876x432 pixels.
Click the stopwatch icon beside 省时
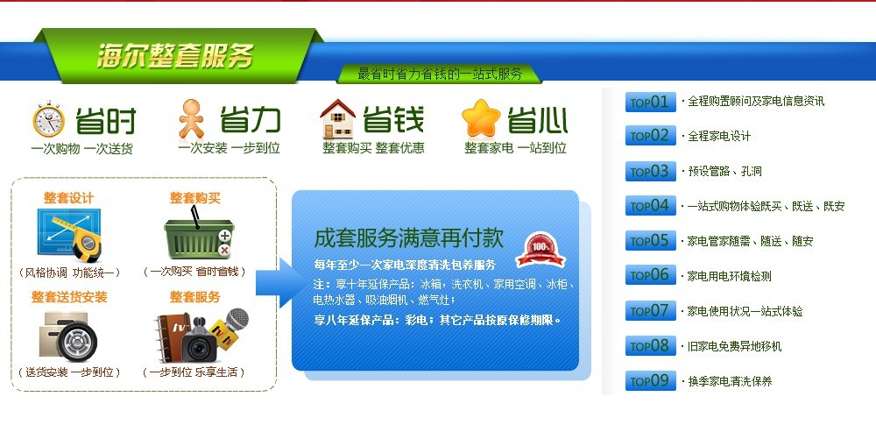(x=48, y=119)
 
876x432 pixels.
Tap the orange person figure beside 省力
(x=192, y=118)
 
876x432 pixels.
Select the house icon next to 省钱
(x=337, y=119)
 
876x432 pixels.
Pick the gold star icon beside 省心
(x=480, y=118)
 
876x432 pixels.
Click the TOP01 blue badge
(x=650, y=102)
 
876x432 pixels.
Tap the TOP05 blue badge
(x=650, y=241)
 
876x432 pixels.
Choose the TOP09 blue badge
(x=650, y=380)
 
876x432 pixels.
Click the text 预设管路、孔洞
(x=724, y=172)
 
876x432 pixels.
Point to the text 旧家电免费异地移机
(x=734, y=346)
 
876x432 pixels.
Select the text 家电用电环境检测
(x=729, y=276)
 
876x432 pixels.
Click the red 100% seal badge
(x=540, y=250)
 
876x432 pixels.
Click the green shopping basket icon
(x=199, y=235)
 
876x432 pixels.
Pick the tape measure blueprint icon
(x=69, y=235)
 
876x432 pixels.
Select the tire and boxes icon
(x=68, y=336)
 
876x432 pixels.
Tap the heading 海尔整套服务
(x=175, y=56)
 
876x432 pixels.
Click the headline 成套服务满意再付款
(x=408, y=238)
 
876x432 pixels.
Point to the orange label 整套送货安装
(x=69, y=297)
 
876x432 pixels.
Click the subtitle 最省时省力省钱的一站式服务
(x=440, y=74)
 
